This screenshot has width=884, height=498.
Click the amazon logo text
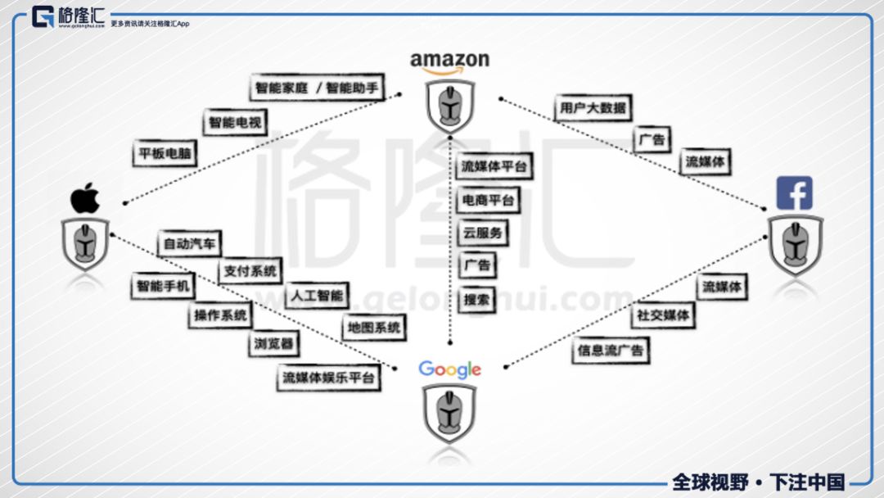coord(449,61)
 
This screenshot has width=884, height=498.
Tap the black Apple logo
coord(84,199)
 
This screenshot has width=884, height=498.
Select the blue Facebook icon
coord(794,193)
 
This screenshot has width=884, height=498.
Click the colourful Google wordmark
coord(449,369)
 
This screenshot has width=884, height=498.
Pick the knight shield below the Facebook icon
coord(795,245)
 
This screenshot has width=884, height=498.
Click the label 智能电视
coord(236,123)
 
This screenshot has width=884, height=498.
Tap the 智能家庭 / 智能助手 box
coord(318,88)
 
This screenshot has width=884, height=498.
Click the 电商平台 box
coord(488,200)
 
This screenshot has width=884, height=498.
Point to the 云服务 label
coord(482,233)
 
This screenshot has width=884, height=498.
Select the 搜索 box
coord(476,300)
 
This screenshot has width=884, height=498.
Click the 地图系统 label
coord(373,328)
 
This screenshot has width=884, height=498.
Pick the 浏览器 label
coord(272,345)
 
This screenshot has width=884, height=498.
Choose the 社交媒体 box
coord(663,315)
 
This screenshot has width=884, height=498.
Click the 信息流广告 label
coord(610,351)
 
